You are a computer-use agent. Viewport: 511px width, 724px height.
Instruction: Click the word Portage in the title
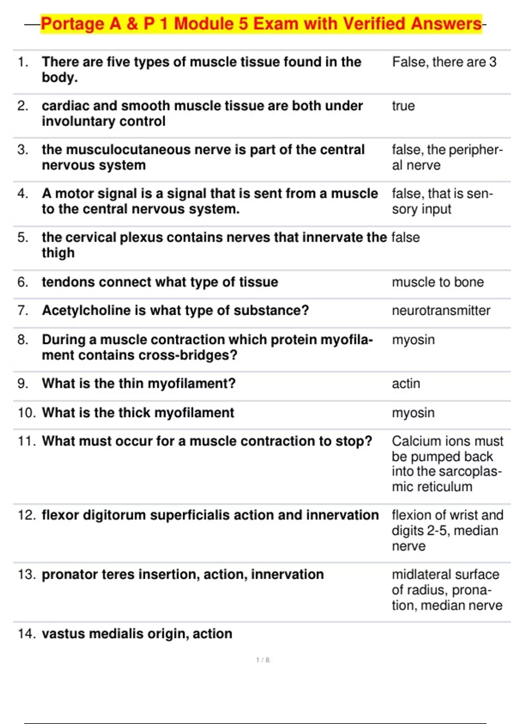pyautogui.click(x=72, y=24)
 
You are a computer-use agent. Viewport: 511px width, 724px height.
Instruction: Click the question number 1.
pyautogui.click(x=23, y=62)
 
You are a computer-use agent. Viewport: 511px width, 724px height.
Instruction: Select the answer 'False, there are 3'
pyautogui.click(x=444, y=62)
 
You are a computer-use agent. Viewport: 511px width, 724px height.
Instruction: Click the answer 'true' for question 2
pyautogui.click(x=403, y=106)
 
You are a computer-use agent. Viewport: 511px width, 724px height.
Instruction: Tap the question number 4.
pyautogui.click(x=23, y=194)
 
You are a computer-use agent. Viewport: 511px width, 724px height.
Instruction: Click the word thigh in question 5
pyautogui.click(x=58, y=253)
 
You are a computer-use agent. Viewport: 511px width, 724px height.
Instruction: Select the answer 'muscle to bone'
pyautogui.click(x=437, y=282)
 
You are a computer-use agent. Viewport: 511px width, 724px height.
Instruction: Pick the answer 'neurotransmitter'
pyautogui.click(x=441, y=310)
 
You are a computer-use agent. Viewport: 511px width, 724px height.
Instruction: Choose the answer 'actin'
pyautogui.click(x=405, y=384)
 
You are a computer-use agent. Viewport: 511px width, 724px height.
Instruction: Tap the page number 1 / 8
pyautogui.click(x=263, y=660)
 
